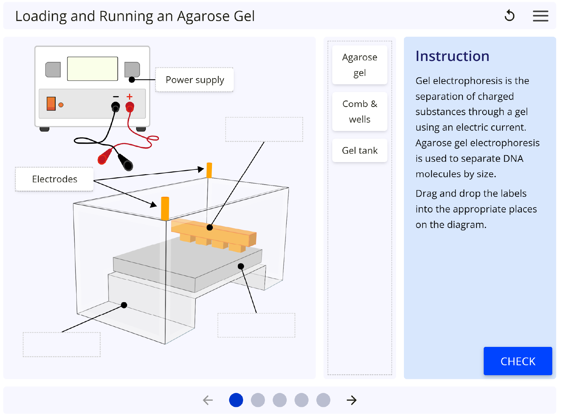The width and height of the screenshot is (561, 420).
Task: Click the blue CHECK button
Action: [518, 361]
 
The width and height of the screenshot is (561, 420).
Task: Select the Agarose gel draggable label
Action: [360, 65]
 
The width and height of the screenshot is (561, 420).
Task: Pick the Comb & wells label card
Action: [360, 111]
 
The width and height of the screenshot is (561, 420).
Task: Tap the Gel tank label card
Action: [360, 150]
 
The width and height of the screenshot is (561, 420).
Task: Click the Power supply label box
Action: [194, 80]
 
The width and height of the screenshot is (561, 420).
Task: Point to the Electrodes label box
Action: [55, 179]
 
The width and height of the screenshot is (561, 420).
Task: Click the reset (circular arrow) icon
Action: [510, 16]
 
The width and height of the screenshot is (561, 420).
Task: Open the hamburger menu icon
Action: [540, 16]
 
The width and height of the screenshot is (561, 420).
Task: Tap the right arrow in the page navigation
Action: [352, 400]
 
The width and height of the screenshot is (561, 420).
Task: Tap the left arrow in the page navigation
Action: [208, 400]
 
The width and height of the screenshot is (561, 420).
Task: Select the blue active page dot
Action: [236, 400]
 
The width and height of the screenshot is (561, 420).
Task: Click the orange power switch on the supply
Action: [51, 104]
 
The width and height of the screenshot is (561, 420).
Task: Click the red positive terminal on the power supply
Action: [130, 107]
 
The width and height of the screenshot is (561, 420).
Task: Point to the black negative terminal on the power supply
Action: [115, 107]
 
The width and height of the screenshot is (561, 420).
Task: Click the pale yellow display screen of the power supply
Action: [93, 69]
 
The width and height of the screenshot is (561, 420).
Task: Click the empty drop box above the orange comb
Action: [264, 129]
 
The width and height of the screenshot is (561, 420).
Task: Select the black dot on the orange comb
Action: [210, 228]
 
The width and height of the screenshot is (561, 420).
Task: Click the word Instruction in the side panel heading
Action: [452, 56]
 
